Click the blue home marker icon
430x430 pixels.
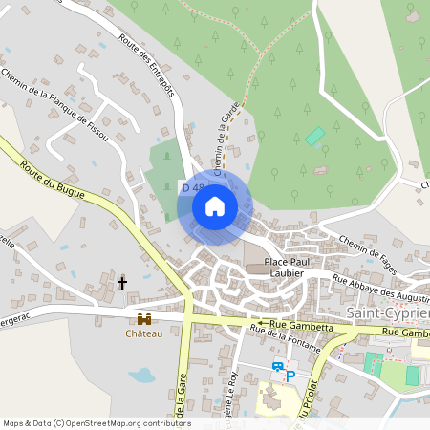[x=215, y=205]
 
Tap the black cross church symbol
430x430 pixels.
[x=122, y=283]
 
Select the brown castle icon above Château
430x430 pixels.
[x=144, y=318]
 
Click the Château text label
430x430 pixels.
[x=144, y=333]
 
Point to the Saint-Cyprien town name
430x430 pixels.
[x=386, y=312]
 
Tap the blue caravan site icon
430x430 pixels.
[x=277, y=366]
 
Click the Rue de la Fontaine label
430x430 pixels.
[x=284, y=340]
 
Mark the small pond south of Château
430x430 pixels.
[x=141, y=375]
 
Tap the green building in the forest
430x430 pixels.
[x=314, y=137]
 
